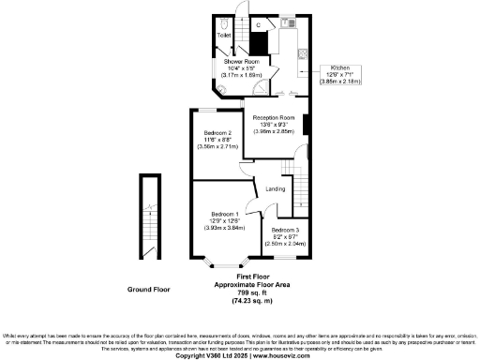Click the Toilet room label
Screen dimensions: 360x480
click(224, 36)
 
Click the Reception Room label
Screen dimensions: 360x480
click(274, 123)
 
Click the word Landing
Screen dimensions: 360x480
click(276, 189)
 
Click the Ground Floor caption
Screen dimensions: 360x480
click(148, 290)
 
